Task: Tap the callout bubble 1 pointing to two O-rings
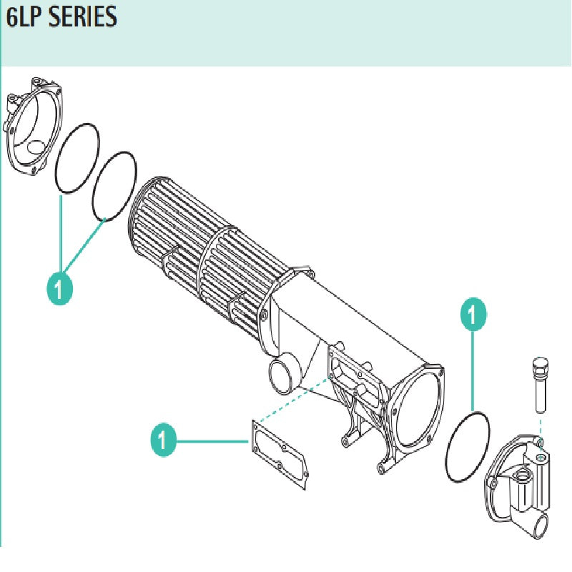tap(60, 288)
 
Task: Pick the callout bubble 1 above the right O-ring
tap(473, 314)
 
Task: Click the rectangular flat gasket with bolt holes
tap(280, 457)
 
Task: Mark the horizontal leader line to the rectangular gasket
tap(211, 441)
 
